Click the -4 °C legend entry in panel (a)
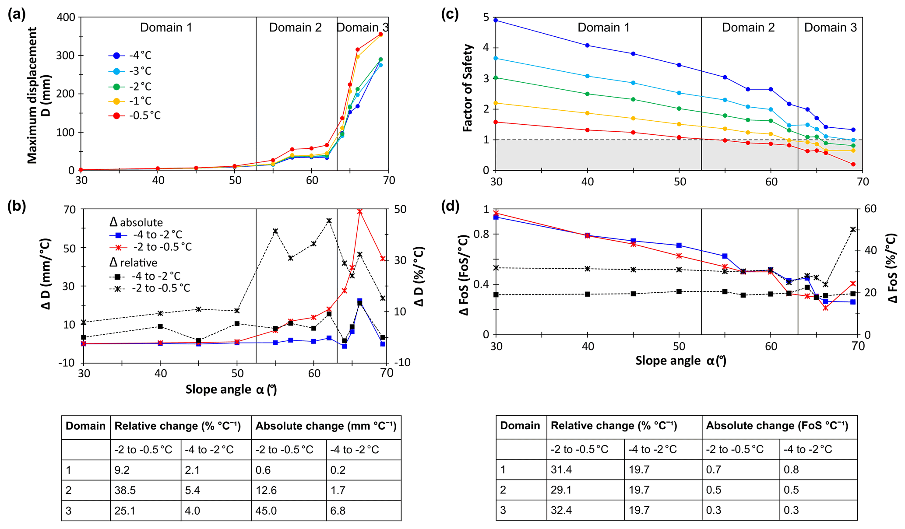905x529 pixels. pyautogui.click(x=130, y=56)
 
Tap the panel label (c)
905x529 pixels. pyautogui.click(x=450, y=15)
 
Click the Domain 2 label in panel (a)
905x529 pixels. pyautogui.click(x=295, y=28)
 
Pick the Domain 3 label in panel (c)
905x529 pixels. pyautogui.click(x=830, y=28)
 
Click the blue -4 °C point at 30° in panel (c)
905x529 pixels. pyautogui.click(x=496, y=20)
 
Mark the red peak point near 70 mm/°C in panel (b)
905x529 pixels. pyautogui.click(x=359, y=211)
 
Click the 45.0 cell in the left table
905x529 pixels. pyautogui.click(x=267, y=511)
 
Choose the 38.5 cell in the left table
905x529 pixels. pyautogui.click(x=125, y=490)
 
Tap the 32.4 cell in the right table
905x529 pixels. pyautogui.click(x=562, y=510)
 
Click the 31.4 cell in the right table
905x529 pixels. pyautogui.click(x=562, y=469)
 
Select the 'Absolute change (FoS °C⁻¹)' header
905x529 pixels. pyautogui.click(x=777, y=426)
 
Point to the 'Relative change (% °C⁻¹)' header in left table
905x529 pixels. pyautogui.click(x=178, y=426)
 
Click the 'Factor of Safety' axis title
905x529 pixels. pyautogui.click(x=468, y=88)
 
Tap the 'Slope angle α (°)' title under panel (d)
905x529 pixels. pyautogui.click(x=680, y=361)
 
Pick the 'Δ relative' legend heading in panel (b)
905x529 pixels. pyautogui.click(x=133, y=263)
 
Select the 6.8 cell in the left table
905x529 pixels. pyautogui.click(x=338, y=511)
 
